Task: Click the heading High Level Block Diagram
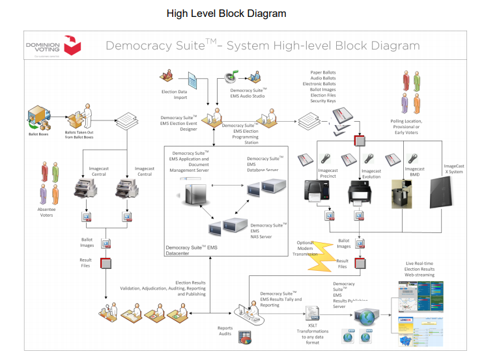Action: click(x=226, y=13)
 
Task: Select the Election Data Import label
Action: click(x=174, y=94)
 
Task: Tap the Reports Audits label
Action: click(x=225, y=331)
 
